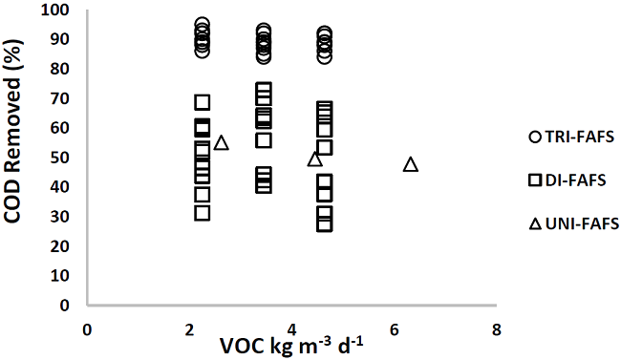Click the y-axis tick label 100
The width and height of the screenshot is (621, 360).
coord(60,11)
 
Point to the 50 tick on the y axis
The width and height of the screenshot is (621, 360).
coord(64,158)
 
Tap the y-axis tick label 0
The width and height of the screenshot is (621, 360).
coord(68,306)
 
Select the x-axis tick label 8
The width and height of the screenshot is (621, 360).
coord(496,329)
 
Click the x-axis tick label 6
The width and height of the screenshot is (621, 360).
coord(394,329)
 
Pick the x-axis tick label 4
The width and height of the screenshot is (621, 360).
coord(291,329)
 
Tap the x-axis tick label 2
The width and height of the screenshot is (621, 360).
coord(189,329)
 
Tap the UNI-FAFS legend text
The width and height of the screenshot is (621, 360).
coord(579,223)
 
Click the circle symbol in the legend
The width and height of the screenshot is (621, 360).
coord(534,138)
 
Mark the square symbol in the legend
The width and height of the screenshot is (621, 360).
coord(534,180)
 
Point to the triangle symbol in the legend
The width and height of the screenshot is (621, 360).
coord(534,223)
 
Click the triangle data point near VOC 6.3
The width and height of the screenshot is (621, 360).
coord(411,164)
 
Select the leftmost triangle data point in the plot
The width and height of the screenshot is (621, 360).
coord(221,142)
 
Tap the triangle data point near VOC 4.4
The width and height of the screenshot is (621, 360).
coord(314,159)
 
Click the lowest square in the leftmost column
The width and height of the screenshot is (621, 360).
coord(203,213)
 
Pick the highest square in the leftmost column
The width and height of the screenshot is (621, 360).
coord(203,102)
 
